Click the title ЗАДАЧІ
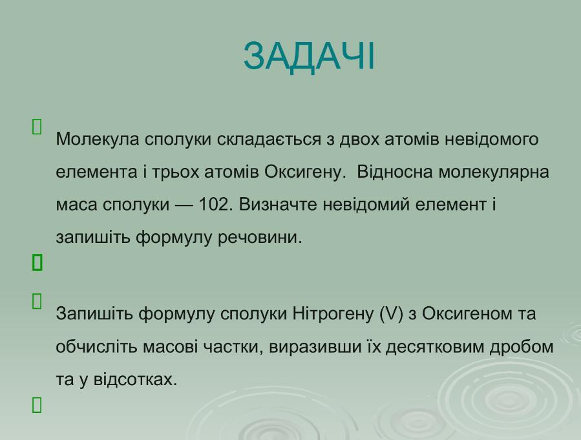[310, 56]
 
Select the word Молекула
[98, 140]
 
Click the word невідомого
[491, 140]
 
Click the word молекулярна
[494, 173]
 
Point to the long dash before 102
[184, 205]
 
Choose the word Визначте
[278, 204]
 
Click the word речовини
[260, 237]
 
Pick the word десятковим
[435, 347]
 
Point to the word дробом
[522, 347]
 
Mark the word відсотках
[136, 380]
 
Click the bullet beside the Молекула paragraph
[37, 127]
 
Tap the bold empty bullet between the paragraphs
[37, 262]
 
